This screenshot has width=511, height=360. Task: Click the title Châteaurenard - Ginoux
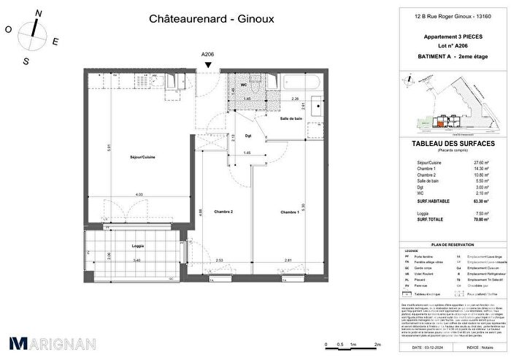tap(201, 19)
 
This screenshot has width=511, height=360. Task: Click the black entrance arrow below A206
tap(210, 64)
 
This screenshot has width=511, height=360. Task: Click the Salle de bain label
tap(291, 118)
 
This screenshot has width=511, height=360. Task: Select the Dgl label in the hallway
tap(227, 135)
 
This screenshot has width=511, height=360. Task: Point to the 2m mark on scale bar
tap(378, 343)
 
